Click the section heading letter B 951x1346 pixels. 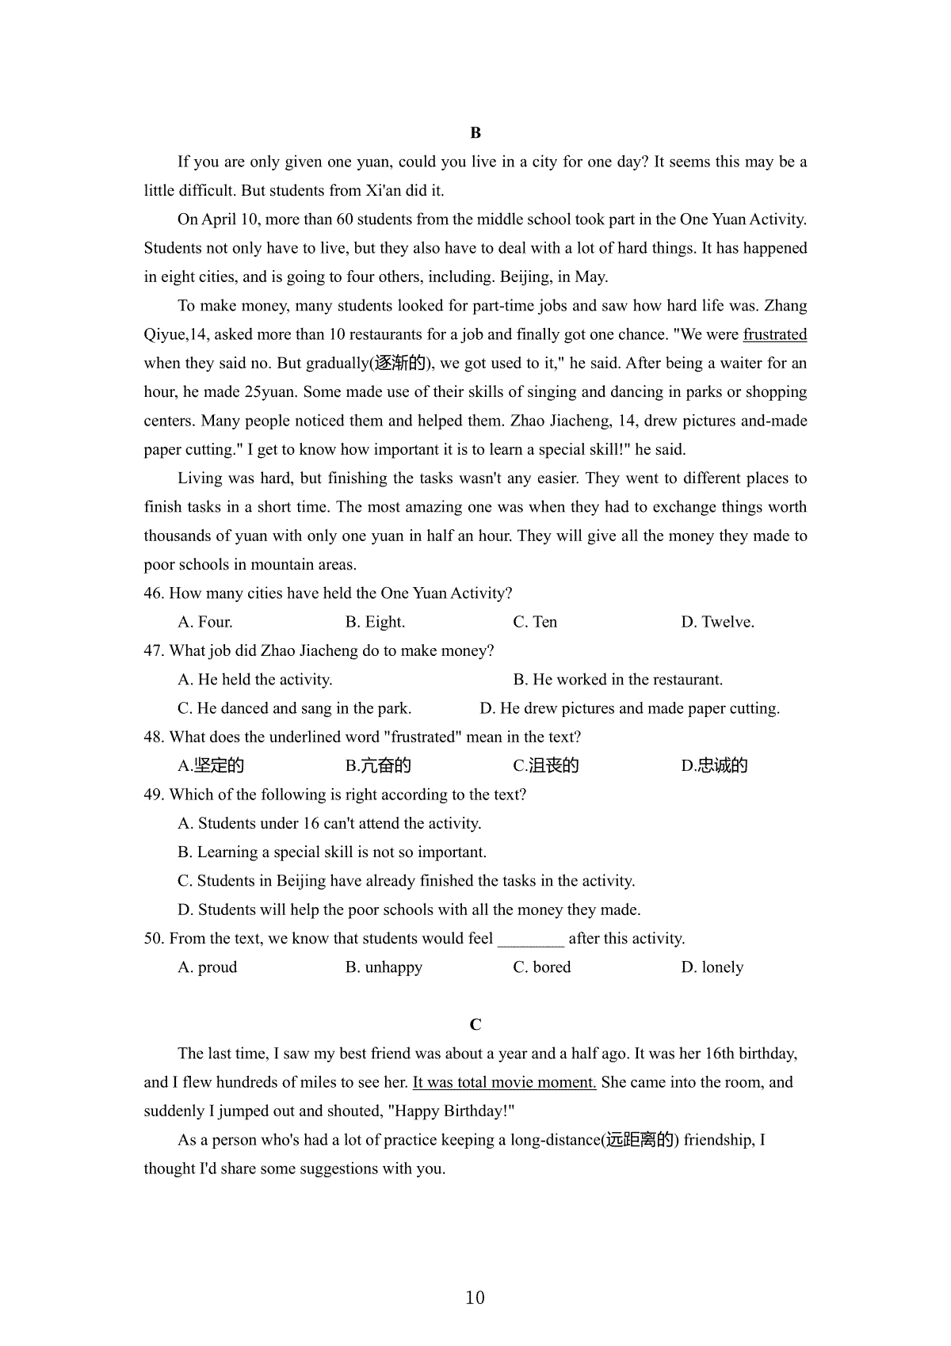pyautogui.click(x=475, y=133)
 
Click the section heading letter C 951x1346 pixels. pyautogui.click(x=475, y=1025)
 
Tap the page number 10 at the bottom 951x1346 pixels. pyautogui.click(x=475, y=1298)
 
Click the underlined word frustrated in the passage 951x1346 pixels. pyautogui.click(x=774, y=334)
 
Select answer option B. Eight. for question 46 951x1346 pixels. pyautogui.click(x=375, y=622)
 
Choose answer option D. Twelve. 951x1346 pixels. pyautogui.click(x=717, y=622)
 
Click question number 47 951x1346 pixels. pyautogui.click(x=154, y=651)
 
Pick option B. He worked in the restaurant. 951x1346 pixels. pyautogui.click(x=617, y=680)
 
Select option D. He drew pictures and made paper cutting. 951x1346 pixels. pyautogui.click(x=629, y=708)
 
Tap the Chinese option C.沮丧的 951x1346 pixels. pyautogui.click(x=546, y=766)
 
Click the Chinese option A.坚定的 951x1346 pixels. pyautogui.click(x=211, y=766)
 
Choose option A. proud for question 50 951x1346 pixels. pyautogui.click(x=208, y=967)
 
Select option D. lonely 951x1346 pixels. pyautogui.click(x=712, y=967)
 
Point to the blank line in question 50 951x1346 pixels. pyautogui.click(x=530, y=940)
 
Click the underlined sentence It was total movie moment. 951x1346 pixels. pyautogui.click(x=504, y=1082)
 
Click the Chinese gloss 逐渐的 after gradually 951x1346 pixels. pyautogui.click(x=401, y=364)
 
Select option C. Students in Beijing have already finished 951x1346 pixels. pyautogui.click(x=407, y=881)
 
